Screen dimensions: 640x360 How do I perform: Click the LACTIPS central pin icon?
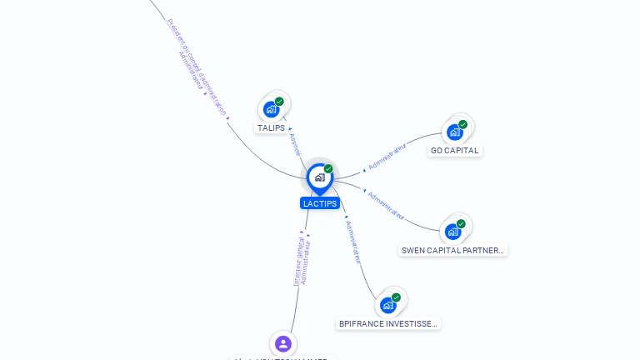319,177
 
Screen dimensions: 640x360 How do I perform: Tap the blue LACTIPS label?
320,203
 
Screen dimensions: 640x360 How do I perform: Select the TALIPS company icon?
271,108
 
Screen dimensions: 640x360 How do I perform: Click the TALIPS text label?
271,128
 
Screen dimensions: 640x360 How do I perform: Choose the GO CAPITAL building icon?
455,132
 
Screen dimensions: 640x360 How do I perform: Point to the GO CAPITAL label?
455,151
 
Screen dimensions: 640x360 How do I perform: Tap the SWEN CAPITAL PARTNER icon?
453,231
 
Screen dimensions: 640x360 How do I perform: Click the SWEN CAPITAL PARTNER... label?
453,250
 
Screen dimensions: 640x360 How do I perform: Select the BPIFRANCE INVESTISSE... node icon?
388,305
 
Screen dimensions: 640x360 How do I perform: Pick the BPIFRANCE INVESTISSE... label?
388,323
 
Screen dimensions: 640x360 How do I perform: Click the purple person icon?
283,343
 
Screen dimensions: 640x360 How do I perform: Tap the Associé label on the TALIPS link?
294,144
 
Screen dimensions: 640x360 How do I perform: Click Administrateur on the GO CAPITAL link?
387,156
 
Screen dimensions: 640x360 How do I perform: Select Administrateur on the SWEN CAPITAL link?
387,206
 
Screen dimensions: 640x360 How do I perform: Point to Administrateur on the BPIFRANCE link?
353,242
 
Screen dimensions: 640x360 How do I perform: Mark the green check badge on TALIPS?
279,102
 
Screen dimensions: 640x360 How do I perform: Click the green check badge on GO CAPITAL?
462,125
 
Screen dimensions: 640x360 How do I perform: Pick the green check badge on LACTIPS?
328,169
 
